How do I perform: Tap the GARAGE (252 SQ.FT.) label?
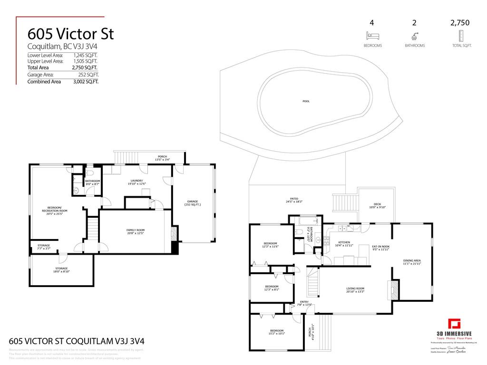coord(193,203)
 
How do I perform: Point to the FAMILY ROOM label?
coord(135,231)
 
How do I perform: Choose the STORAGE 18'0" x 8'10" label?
coord(61,270)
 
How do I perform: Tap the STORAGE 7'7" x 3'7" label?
coord(44,247)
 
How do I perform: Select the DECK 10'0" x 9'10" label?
coord(377,205)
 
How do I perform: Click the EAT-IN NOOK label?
coord(380,248)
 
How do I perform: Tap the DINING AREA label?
coord(412,262)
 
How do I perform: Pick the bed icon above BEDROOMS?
coord(372,36)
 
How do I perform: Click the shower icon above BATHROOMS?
coord(414,36)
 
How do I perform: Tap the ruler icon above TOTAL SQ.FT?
coord(461,36)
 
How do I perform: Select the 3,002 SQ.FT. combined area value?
coord(86,81)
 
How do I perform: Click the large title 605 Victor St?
coord(71,34)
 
